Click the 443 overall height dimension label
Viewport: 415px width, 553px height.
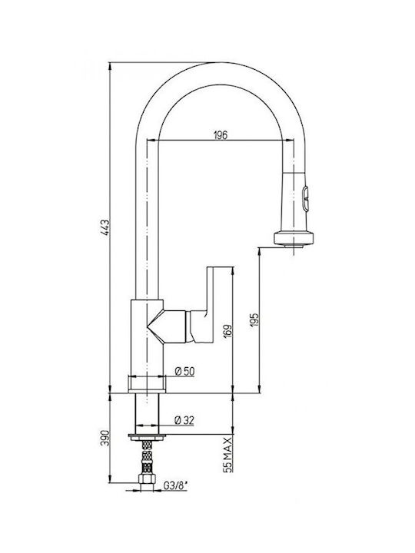[105, 228]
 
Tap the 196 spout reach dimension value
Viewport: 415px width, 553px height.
[221, 134]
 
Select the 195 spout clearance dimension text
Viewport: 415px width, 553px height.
[255, 320]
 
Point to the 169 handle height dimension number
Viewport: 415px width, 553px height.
[228, 332]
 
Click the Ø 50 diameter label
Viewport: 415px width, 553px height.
[184, 371]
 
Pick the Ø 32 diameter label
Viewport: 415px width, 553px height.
[184, 420]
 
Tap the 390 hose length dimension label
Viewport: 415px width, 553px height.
[105, 438]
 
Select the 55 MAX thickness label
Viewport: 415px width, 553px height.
[228, 454]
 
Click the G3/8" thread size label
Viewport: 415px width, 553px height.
[175, 485]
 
